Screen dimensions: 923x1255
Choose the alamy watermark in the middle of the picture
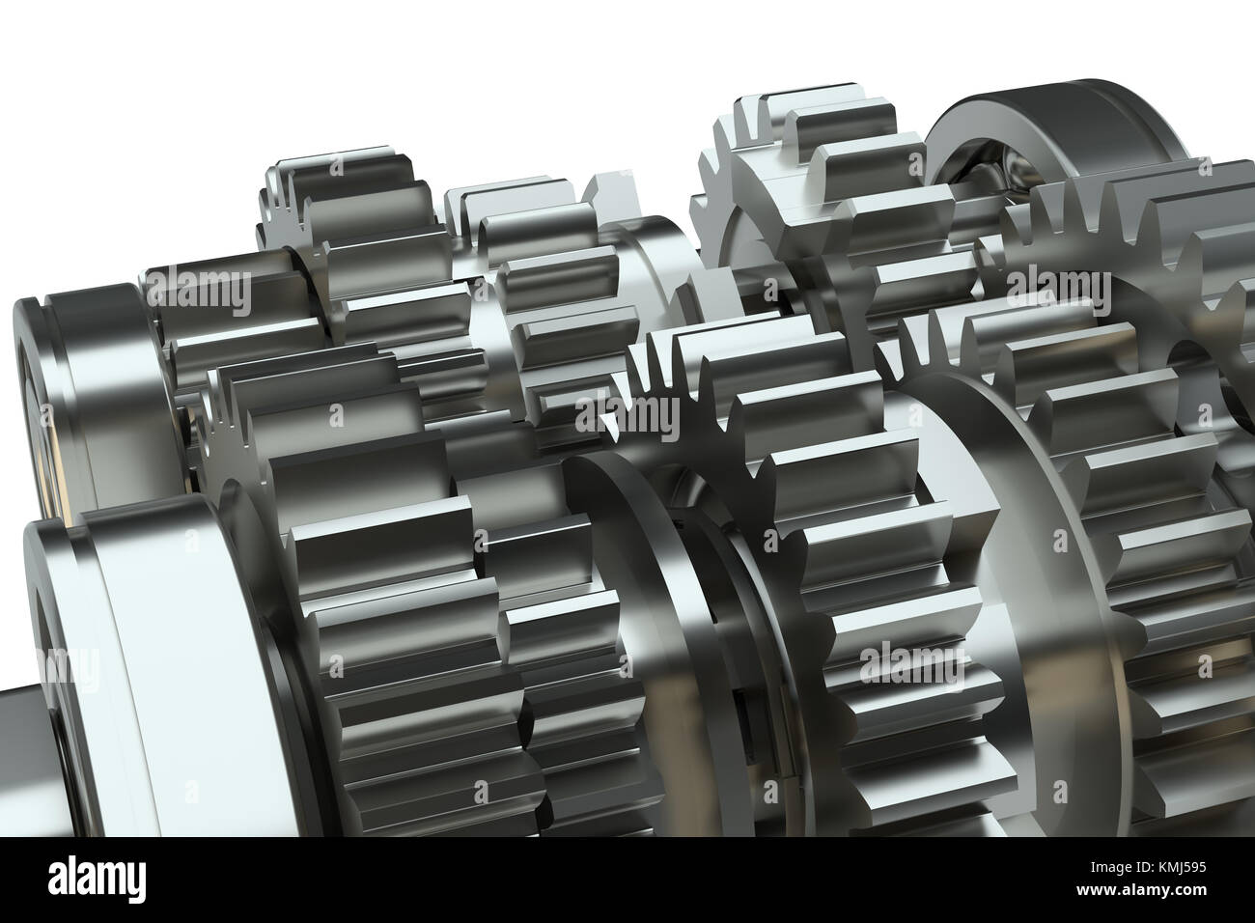click(627, 416)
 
